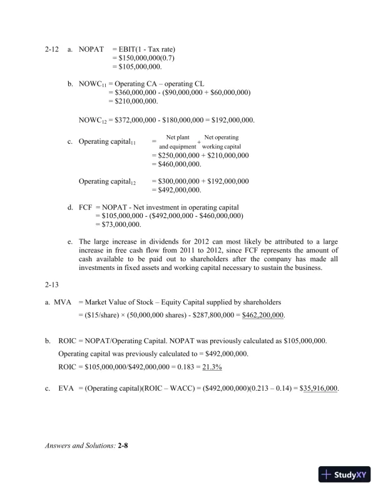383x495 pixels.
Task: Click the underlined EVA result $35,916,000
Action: click(312, 388)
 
